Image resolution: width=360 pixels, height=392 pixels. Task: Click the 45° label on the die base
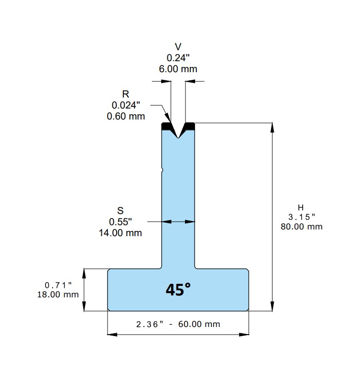[x=178, y=290]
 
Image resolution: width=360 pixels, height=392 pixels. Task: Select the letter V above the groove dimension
[x=178, y=47]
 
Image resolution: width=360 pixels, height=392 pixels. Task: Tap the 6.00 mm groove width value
[x=178, y=69]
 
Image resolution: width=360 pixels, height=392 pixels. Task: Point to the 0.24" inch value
[x=178, y=58]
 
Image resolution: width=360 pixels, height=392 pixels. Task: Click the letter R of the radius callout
[x=126, y=94]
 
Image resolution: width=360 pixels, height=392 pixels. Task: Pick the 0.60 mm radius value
[x=126, y=116]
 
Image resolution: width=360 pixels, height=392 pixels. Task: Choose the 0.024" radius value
[x=126, y=105]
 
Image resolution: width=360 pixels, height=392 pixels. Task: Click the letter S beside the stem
[x=120, y=211]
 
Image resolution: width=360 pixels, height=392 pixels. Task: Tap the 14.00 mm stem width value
[x=120, y=233]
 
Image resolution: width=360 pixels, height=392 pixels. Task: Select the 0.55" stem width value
[x=120, y=222]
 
